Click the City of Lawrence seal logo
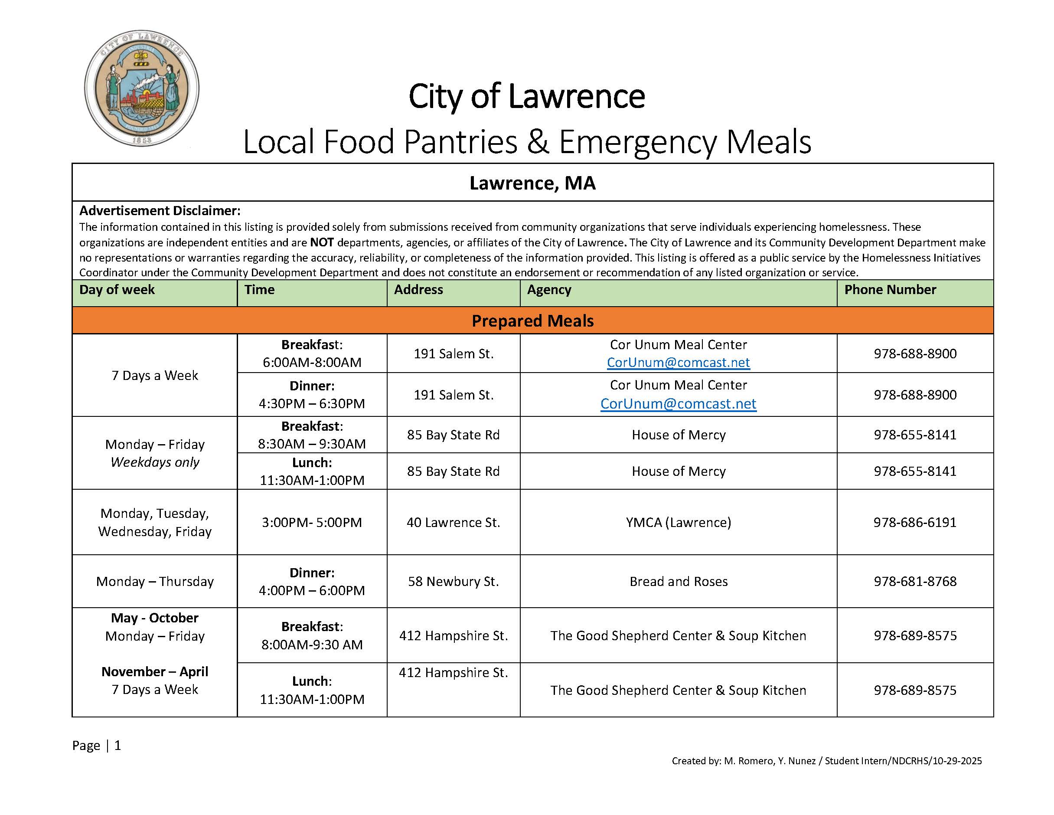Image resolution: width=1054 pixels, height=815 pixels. click(x=141, y=88)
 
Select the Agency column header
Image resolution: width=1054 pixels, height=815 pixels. click(x=549, y=290)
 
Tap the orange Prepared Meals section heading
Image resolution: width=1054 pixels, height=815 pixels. click(x=532, y=321)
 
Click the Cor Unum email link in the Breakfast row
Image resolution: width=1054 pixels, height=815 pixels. click(x=678, y=363)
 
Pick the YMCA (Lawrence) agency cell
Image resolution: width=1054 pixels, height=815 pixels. click(x=678, y=522)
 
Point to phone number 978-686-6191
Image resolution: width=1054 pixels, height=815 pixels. click(x=914, y=522)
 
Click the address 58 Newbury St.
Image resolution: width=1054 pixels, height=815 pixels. click(x=453, y=581)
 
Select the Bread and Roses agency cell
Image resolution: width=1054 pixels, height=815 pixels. click(x=678, y=581)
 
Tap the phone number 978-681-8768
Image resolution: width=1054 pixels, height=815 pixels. click(x=914, y=581)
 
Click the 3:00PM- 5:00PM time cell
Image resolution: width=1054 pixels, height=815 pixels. click(x=312, y=522)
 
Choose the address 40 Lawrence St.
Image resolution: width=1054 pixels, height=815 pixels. click(x=453, y=522)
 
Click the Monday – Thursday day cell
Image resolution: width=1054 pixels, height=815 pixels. click(x=154, y=581)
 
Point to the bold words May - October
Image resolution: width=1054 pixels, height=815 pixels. click(x=154, y=618)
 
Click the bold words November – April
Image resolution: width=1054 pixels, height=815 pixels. click(x=154, y=671)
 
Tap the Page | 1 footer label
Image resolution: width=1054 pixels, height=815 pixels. click(x=97, y=746)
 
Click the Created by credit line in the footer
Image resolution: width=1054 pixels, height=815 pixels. click(x=826, y=761)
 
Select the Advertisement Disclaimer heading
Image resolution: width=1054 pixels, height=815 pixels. click(x=160, y=211)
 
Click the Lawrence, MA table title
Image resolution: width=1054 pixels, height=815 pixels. click(x=532, y=183)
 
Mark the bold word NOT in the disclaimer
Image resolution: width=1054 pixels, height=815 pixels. click(x=322, y=242)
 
